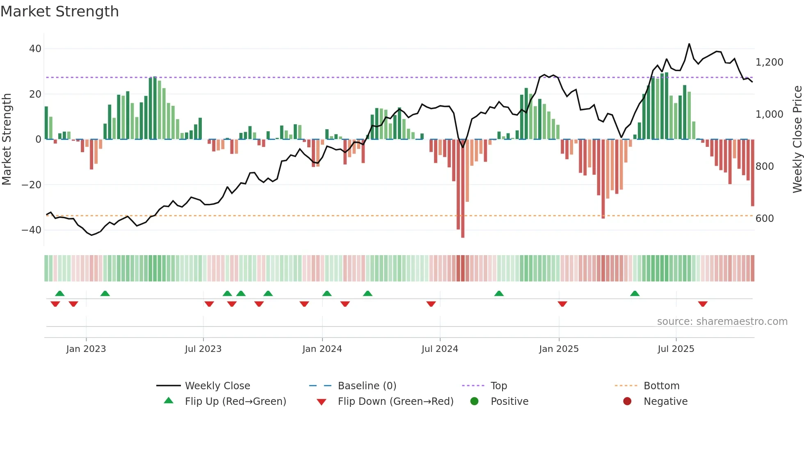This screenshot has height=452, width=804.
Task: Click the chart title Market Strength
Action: click(59, 11)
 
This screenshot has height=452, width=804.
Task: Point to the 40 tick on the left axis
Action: click(35, 49)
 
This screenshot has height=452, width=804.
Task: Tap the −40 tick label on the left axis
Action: click(32, 230)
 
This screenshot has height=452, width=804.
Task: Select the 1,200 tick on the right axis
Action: click(769, 62)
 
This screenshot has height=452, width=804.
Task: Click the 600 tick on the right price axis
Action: click(765, 219)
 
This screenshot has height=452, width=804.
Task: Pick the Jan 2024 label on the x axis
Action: click(322, 349)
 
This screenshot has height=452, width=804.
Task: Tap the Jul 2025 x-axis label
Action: click(676, 349)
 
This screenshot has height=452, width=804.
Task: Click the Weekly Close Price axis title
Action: click(797, 139)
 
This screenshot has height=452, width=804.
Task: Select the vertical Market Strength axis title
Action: click(7, 139)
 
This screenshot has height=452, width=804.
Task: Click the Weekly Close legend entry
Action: click(217, 386)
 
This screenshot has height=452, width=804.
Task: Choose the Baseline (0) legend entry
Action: click(367, 386)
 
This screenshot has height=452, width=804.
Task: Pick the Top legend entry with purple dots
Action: click(498, 386)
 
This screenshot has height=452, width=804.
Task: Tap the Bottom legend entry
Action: click(661, 386)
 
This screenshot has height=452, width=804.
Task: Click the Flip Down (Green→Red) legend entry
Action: click(395, 402)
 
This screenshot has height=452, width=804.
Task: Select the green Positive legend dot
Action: click(474, 402)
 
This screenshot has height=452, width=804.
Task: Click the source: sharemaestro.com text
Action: click(722, 322)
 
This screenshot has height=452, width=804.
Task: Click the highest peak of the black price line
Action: click(689, 44)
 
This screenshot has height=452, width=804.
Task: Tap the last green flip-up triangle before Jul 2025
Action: click(635, 294)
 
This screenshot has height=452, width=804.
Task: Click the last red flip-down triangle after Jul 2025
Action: click(703, 304)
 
